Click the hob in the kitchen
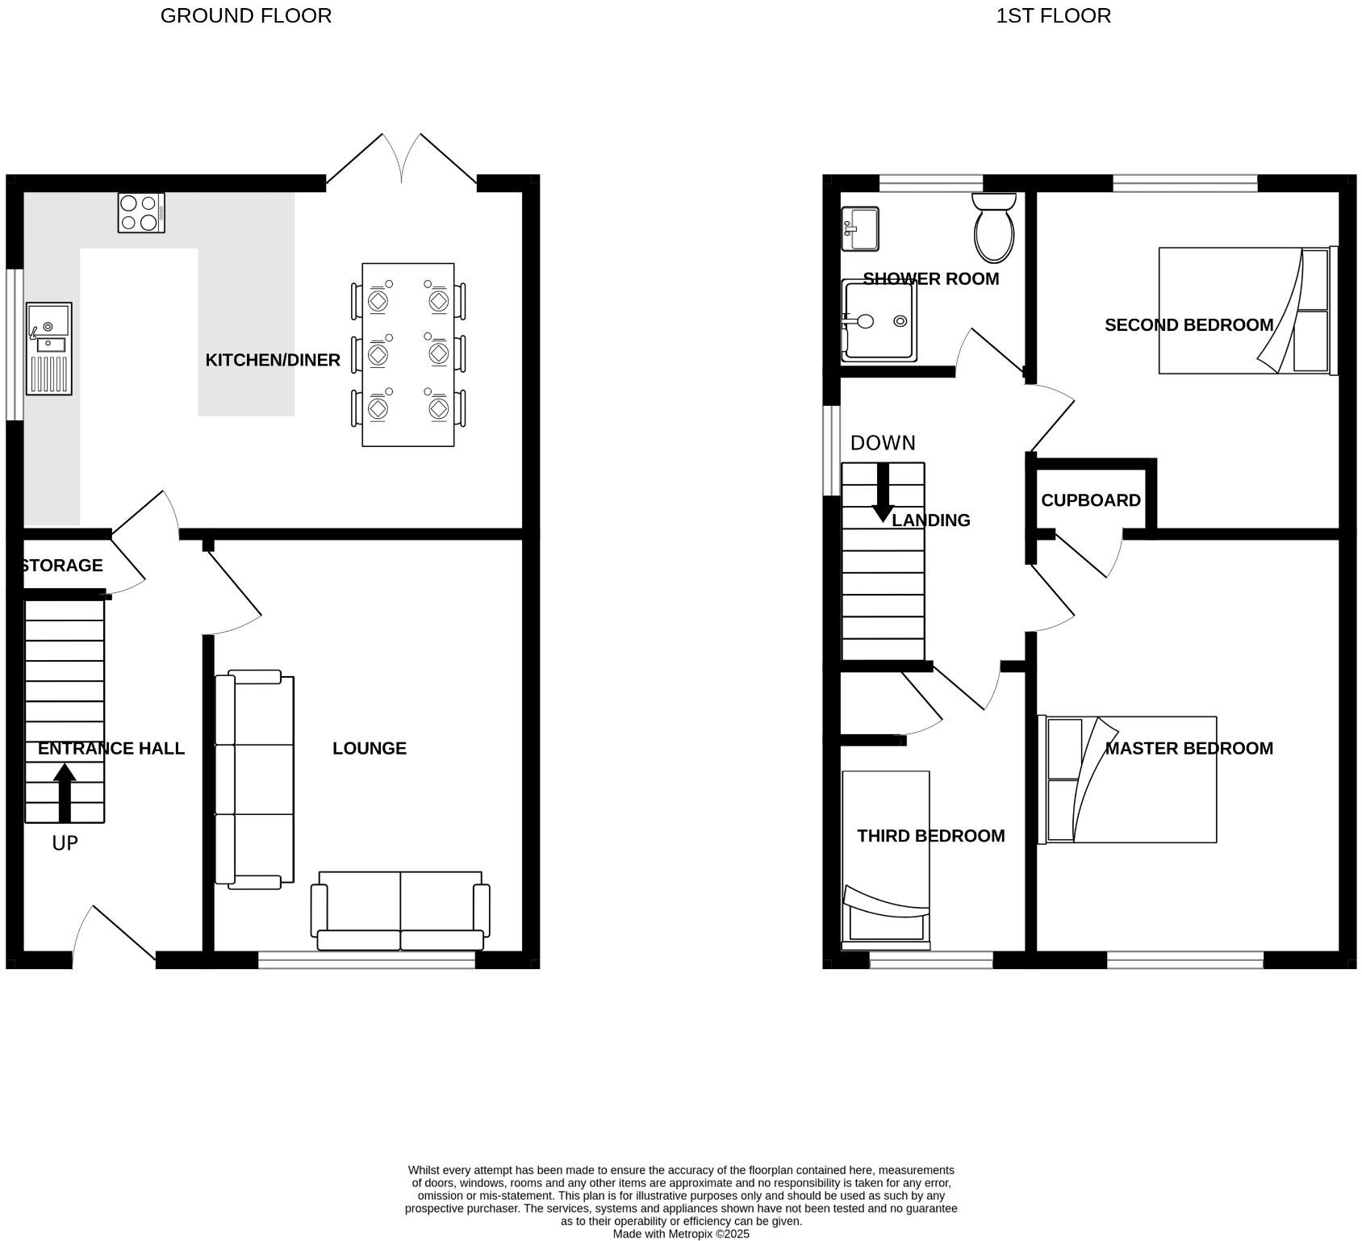pyautogui.click(x=141, y=213)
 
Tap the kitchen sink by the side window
pyautogui.click(x=49, y=349)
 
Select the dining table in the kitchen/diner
pyautogui.click(x=408, y=354)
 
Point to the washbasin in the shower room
pyautogui.click(x=860, y=229)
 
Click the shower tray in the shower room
pyautogui.click(x=879, y=320)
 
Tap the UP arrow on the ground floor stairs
pyautogui.click(x=65, y=793)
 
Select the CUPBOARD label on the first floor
pyautogui.click(x=1091, y=500)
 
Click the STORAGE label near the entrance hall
pyautogui.click(x=63, y=566)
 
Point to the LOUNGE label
pyautogui.click(x=370, y=749)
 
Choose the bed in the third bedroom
pyautogui.click(x=886, y=860)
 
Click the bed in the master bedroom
pyautogui.click(x=1127, y=779)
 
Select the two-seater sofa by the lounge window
pyautogui.click(x=401, y=911)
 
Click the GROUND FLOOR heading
pyautogui.click(x=246, y=15)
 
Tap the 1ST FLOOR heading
pyautogui.click(x=1053, y=15)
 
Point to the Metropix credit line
pyautogui.click(x=681, y=1234)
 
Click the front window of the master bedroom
pyautogui.click(x=1184, y=959)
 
